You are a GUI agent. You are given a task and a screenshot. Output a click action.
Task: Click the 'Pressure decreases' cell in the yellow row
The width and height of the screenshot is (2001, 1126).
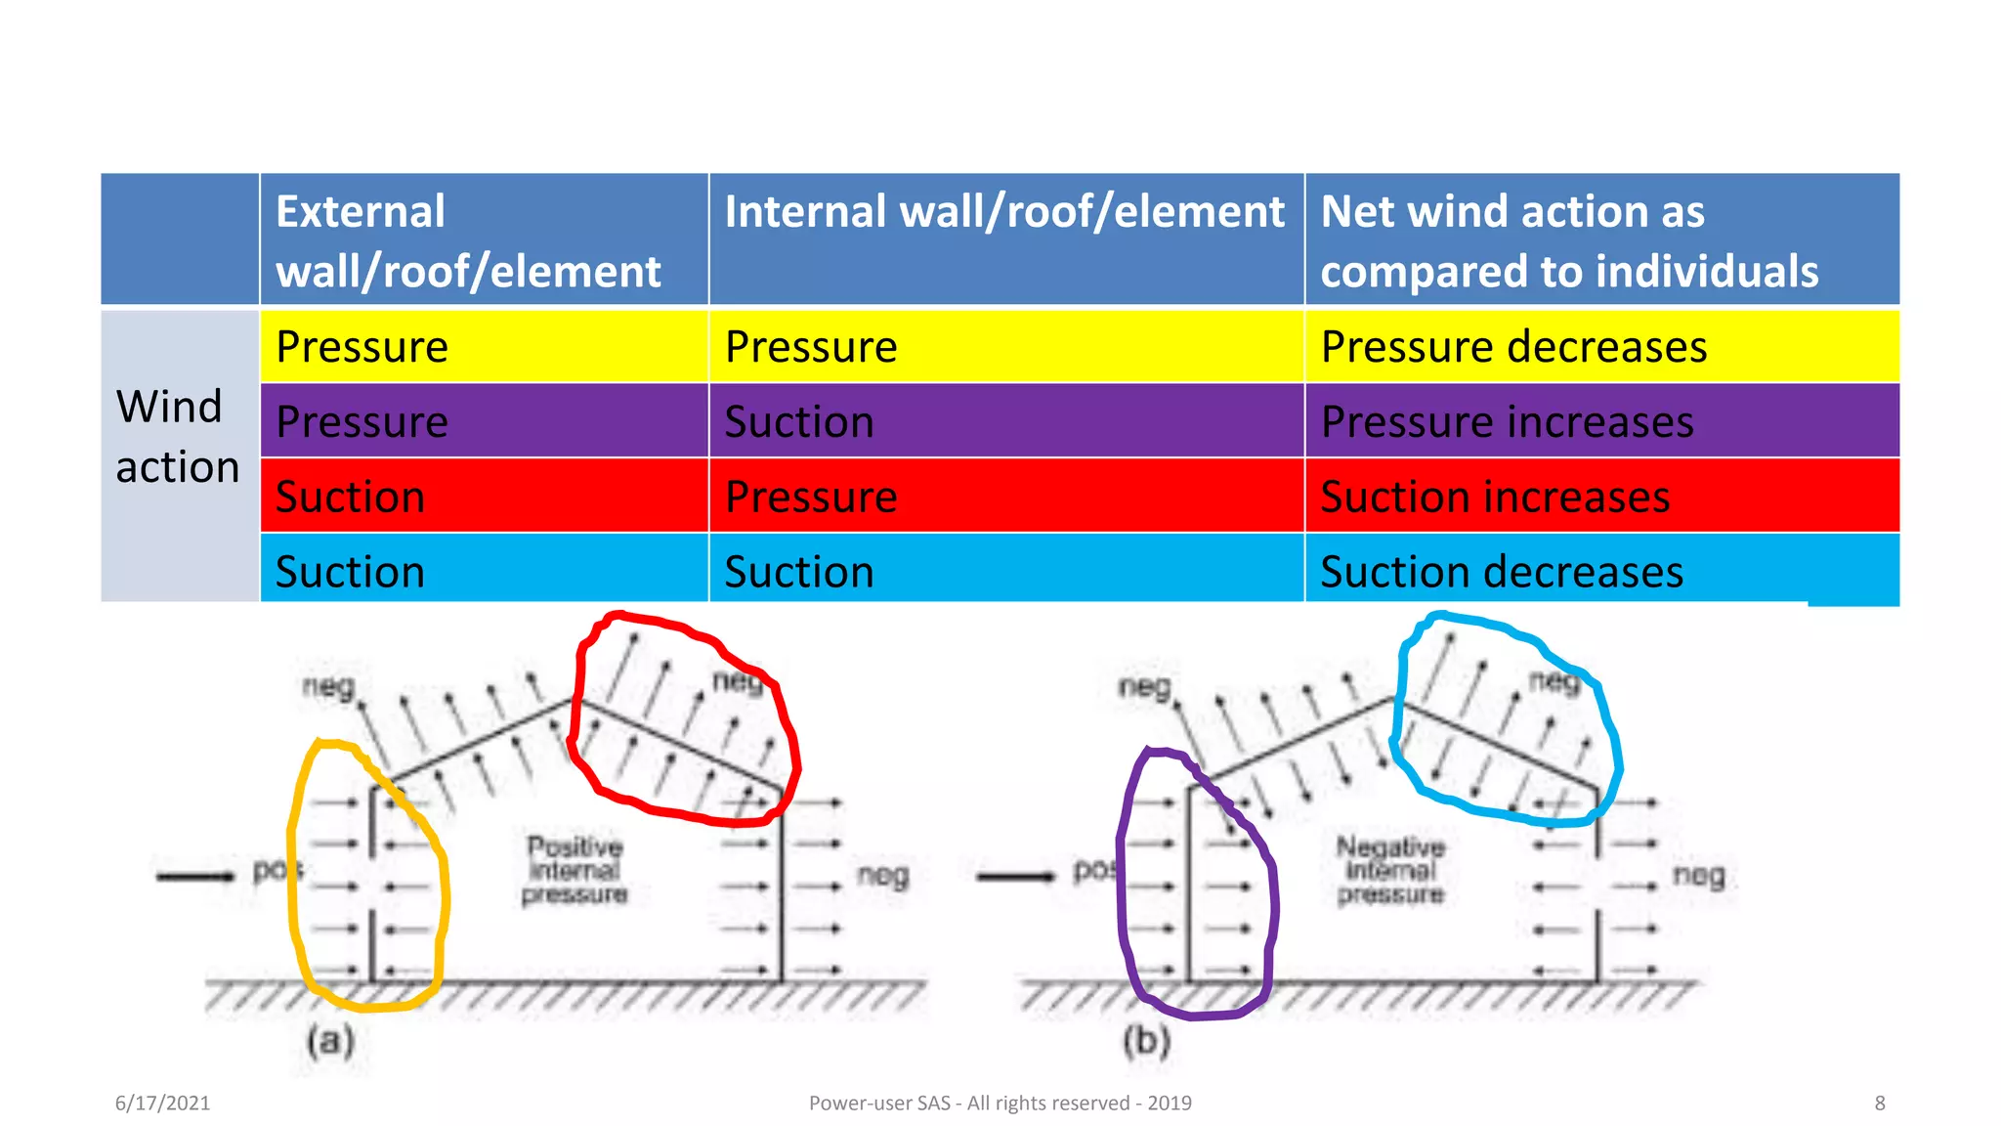tap(1512, 347)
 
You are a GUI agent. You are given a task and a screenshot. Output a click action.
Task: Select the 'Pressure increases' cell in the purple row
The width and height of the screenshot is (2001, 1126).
tap(1507, 422)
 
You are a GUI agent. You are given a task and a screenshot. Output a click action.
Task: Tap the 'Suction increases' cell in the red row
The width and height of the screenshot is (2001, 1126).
tap(1495, 497)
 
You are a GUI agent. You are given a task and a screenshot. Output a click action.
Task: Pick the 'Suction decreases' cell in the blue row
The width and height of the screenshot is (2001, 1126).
tap(1501, 572)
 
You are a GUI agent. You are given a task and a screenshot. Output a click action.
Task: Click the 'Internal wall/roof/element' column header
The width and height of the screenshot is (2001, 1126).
tap(1004, 212)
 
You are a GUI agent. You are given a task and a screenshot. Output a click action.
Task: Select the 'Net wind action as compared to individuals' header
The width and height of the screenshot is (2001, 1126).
tap(1568, 240)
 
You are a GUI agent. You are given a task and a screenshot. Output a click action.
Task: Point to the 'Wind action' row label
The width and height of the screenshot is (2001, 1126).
tap(178, 437)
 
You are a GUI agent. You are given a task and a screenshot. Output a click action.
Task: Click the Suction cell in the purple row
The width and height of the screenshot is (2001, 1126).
tap(799, 422)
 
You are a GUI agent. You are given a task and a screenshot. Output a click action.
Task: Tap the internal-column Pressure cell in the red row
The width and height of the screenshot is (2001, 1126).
tap(811, 497)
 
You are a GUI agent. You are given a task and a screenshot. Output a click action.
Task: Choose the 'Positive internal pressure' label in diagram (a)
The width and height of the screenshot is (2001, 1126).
tap(575, 870)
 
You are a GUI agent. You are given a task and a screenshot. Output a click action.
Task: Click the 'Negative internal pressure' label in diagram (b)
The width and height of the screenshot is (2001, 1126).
tap(1390, 870)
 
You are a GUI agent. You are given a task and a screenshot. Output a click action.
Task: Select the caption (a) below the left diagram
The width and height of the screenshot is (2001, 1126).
tap(330, 1040)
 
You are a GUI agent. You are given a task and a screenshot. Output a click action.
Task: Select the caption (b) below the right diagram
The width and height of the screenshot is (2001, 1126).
tap(1146, 1040)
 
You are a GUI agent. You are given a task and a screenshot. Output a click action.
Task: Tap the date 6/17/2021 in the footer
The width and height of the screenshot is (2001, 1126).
tap(162, 1103)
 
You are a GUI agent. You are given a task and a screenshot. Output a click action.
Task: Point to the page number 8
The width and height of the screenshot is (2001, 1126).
tap(1879, 1103)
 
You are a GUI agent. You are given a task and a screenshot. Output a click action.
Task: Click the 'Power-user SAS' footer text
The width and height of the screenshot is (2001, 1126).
tap(1000, 1103)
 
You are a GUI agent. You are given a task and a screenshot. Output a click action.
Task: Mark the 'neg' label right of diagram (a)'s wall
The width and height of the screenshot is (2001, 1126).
tap(882, 875)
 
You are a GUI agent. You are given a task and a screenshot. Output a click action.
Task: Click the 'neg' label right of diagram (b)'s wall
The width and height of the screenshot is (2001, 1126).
tap(1698, 875)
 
